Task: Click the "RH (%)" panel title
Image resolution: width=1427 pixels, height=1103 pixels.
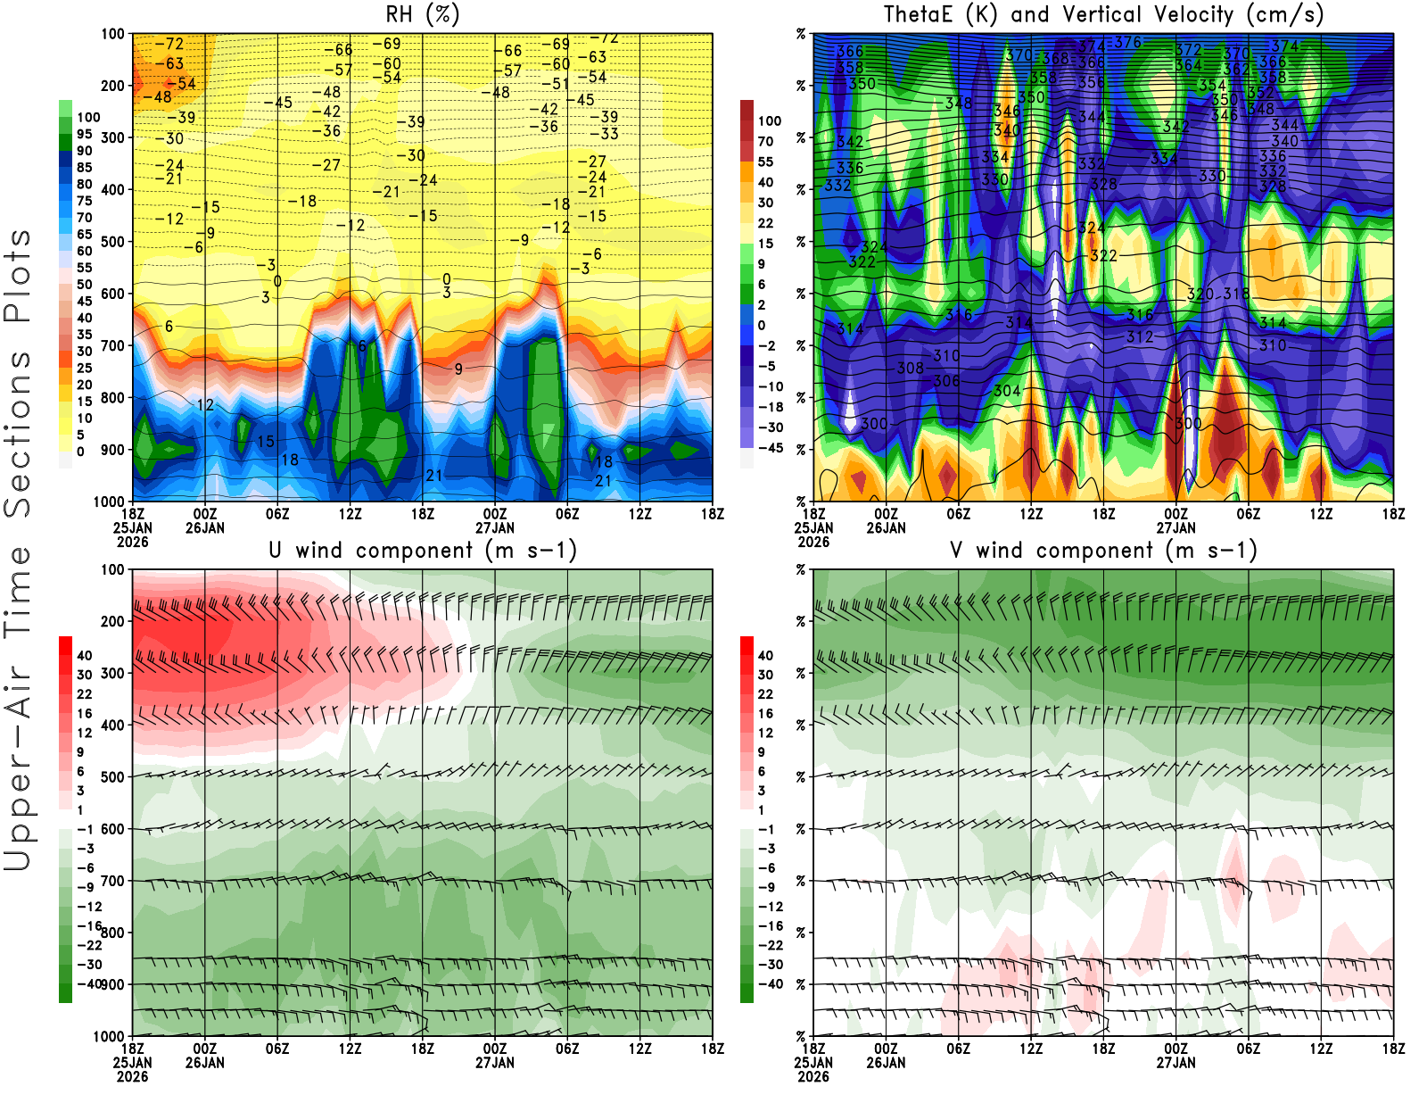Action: tap(423, 14)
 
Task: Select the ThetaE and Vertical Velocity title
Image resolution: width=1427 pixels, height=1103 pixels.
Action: tap(1103, 14)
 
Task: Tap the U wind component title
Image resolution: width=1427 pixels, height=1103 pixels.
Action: tap(423, 550)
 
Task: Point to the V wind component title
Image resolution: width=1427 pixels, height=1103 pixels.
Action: tap(1103, 550)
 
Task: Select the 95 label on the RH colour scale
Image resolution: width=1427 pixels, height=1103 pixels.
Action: tap(84, 134)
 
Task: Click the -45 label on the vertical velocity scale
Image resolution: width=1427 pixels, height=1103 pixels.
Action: tap(770, 448)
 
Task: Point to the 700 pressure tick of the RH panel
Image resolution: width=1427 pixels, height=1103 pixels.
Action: tap(112, 345)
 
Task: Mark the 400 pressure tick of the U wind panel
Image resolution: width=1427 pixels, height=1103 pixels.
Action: tap(112, 726)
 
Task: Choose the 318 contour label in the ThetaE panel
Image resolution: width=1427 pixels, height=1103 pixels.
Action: tap(1236, 294)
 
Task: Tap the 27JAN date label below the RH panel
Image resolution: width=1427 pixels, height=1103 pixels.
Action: tap(494, 527)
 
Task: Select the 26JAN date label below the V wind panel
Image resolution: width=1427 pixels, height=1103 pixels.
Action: tap(886, 1063)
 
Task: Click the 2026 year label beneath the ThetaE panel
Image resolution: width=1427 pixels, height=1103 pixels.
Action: tap(813, 542)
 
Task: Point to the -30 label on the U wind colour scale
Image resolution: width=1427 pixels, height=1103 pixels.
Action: tap(89, 964)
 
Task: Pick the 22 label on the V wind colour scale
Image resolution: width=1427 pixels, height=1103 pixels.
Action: tap(765, 694)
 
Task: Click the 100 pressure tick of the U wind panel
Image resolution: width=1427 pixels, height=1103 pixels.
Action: tap(112, 569)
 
